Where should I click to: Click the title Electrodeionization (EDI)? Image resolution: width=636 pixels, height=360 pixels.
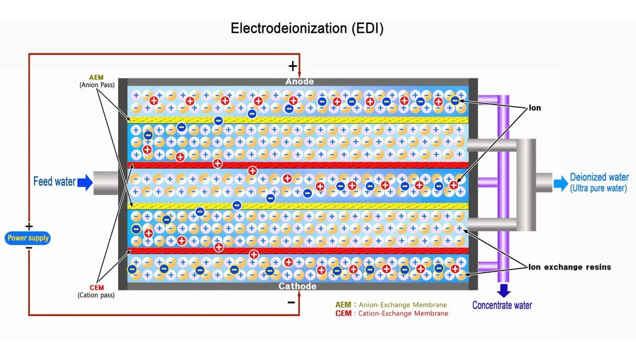tap(307, 28)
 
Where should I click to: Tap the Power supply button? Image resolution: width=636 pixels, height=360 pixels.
tap(28, 238)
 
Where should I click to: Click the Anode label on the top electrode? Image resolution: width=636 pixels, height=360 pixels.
tap(299, 82)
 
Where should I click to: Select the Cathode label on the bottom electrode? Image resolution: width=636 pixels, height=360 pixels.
tap(298, 286)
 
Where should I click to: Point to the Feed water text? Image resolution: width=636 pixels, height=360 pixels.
tap(55, 182)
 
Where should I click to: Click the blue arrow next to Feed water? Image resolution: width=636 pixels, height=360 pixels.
tap(85, 182)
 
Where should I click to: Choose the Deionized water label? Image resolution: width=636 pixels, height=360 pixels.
tap(599, 177)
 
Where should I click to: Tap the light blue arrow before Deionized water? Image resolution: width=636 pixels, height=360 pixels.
tap(560, 183)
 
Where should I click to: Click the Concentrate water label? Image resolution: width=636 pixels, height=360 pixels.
tap(502, 305)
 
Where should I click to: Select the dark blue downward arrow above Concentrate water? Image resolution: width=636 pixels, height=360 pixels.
tap(503, 290)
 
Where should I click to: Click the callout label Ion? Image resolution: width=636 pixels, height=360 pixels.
tap(535, 108)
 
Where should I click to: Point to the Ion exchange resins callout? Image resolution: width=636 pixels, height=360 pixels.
tap(570, 267)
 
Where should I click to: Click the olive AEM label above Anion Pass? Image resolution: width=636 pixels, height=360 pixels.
tap(96, 78)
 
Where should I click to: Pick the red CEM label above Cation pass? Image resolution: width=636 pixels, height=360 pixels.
tap(96, 288)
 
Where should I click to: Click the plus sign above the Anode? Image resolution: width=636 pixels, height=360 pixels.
tap(293, 66)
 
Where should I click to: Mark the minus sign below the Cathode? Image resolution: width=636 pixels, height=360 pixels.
tap(291, 302)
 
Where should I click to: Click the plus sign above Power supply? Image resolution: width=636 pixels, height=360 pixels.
tap(29, 226)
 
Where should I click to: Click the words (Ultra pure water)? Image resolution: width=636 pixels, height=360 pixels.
tap(598, 188)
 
